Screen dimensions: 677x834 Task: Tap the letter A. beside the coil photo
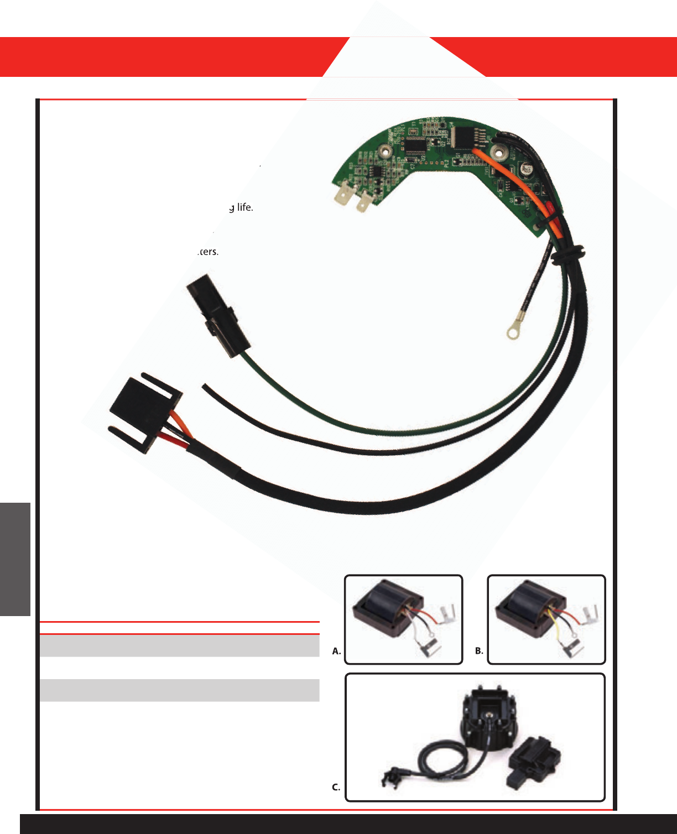pos(336,651)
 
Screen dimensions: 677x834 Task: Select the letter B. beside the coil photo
pos(479,651)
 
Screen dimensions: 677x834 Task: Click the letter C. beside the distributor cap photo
pos(336,787)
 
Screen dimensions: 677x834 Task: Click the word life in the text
pos(244,207)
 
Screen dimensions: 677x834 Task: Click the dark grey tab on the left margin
pos(15,559)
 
